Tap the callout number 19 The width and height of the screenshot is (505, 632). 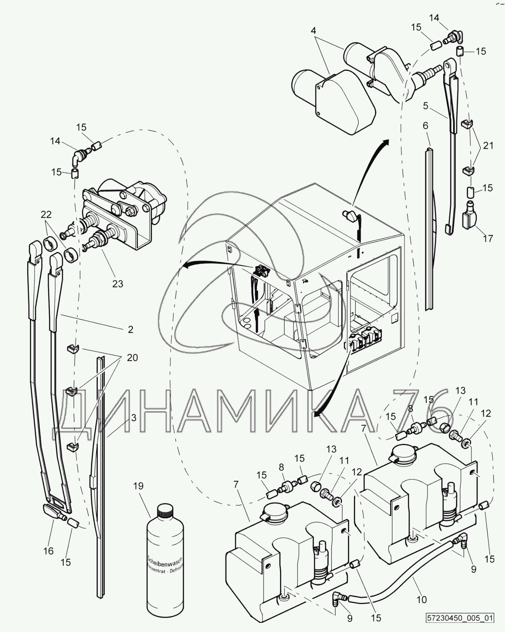tap(138, 486)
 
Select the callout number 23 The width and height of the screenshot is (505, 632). tap(118, 284)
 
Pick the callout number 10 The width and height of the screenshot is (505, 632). tap(422, 599)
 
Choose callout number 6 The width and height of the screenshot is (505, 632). tap(425, 126)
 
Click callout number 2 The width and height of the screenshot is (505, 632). tap(130, 329)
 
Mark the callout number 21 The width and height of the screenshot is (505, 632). tap(488, 146)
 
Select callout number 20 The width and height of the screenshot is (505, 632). tap(132, 358)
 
